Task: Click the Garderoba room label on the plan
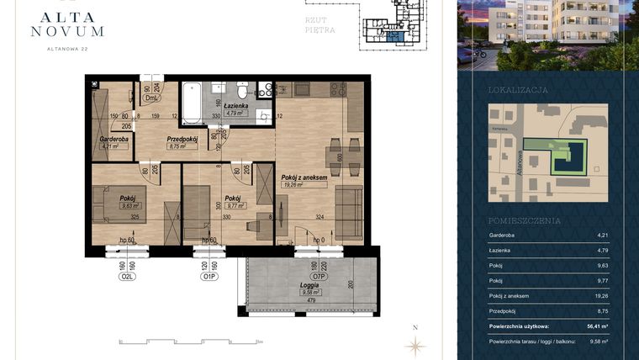pyautogui.click(x=113, y=139)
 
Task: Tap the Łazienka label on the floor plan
pyautogui.click(x=236, y=105)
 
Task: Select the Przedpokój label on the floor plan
pyautogui.click(x=182, y=139)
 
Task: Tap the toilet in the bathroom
pyautogui.click(x=242, y=89)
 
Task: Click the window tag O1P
pyautogui.click(x=209, y=275)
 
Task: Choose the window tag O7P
pyautogui.click(x=319, y=275)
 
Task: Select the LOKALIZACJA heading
pyautogui.click(x=518, y=89)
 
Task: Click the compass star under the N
pyautogui.click(x=415, y=344)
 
